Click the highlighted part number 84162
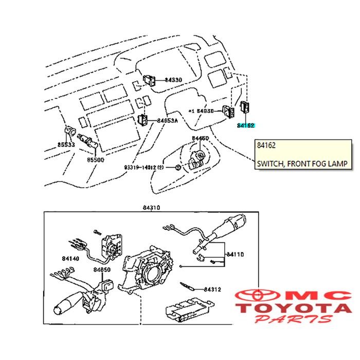point(246,125)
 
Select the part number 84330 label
point(173,80)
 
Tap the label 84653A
point(168,120)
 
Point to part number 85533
point(65,146)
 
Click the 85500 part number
point(96,160)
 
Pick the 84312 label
point(211,290)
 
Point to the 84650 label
point(102,269)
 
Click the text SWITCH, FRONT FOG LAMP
point(302,164)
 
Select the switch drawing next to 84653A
point(145,120)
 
